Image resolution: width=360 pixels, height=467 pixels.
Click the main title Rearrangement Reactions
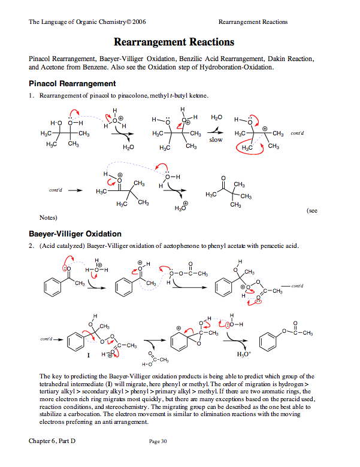pos(174,43)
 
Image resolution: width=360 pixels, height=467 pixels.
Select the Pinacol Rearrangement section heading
pos(72,83)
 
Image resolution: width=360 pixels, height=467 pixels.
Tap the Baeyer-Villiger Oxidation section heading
pos(75,233)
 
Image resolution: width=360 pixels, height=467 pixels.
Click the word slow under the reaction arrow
pos(216,140)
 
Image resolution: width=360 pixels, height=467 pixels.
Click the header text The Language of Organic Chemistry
pos(87,22)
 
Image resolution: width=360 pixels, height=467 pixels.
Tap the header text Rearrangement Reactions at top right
pos(253,22)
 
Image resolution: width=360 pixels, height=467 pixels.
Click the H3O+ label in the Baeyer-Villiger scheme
pos(243,354)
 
